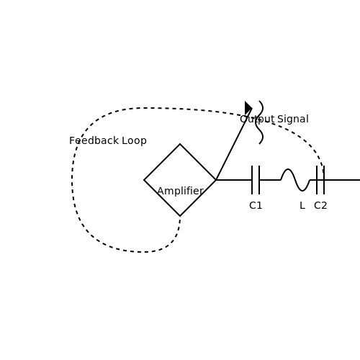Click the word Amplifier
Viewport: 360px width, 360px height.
pyautogui.click(x=181, y=191)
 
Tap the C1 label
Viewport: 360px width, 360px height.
pyautogui.click(x=256, y=206)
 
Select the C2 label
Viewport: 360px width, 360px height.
pyautogui.click(x=320, y=206)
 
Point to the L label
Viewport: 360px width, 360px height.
pyautogui.click(x=302, y=206)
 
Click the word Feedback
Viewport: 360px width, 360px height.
pyautogui.click(x=94, y=140)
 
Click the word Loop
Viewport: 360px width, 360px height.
pyautogui.click(x=134, y=141)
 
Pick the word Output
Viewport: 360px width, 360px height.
pyautogui.click(x=257, y=120)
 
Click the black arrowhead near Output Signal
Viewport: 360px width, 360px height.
pyautogui.click(x=248, y=108)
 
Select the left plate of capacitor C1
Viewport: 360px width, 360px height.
pyautogui.click(x=252, y=180)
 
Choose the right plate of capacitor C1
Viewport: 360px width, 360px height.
pyautogui.click(x=259, y=180)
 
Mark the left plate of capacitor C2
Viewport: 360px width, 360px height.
pyautogui.click(x=317, y=180)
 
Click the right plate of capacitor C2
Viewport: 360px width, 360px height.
pyautogui.click(x=324, y=180)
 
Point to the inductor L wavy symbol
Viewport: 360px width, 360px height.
pyautogui.click(x=295, y=180)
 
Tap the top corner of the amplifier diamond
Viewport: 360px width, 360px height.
pyautogui.click(x=180, y=144)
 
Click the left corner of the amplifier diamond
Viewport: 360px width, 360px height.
pyautogui.click(x=144, y=180)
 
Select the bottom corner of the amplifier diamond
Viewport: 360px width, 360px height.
pyautogui.click(x=180, y=216)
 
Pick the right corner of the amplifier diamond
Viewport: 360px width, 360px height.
pyautogui.click(x=216, y=180)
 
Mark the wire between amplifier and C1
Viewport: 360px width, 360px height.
pyautogui.click(x=234, y=180)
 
